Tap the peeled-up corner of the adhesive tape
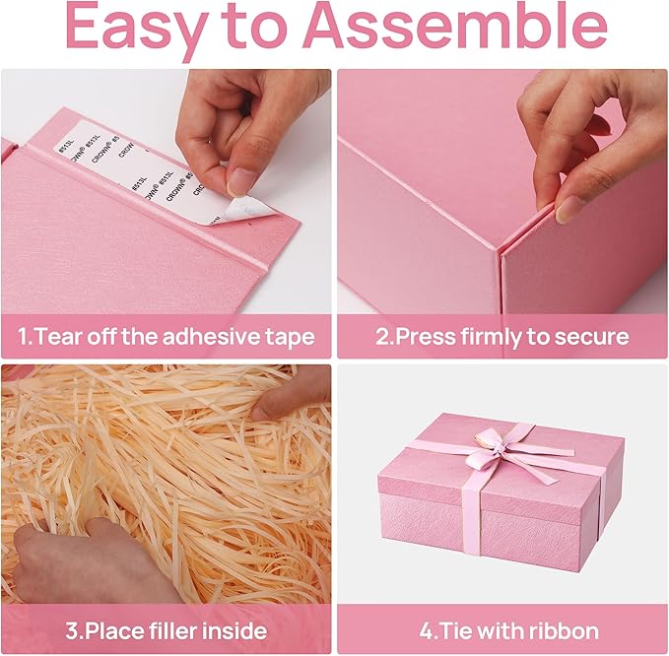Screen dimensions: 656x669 252,208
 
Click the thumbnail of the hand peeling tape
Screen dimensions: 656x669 241,179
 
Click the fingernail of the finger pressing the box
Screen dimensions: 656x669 568,208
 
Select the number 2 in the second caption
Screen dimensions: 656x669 382,337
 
